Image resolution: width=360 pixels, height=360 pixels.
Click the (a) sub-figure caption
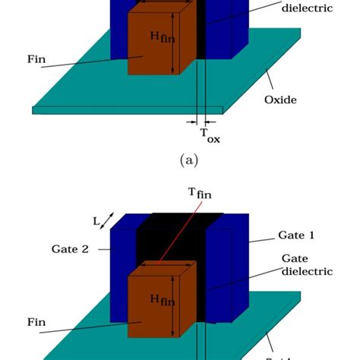[186, 160]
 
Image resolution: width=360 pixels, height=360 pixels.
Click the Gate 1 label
[297, 235]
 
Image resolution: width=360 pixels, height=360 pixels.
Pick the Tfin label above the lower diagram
[201, 194]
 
